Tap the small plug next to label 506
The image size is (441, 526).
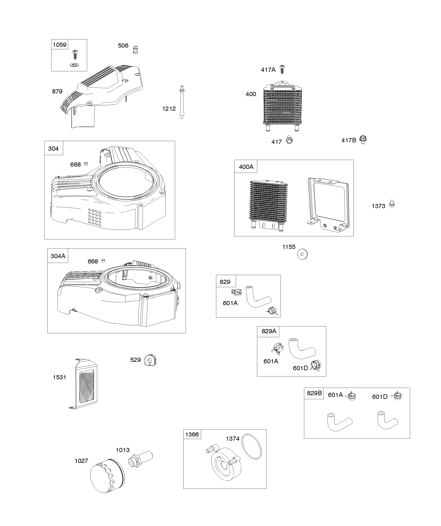point(135,50)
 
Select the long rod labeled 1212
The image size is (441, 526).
point(182,102)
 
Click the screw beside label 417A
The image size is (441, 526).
point(282,69)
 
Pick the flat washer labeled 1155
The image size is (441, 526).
point(302,254)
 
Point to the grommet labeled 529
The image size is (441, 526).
point(150,360)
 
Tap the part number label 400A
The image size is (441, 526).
point(246,167)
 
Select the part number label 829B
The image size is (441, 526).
point(314,393)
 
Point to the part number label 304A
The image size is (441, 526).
point(58,256)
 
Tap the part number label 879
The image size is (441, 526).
point(57,91)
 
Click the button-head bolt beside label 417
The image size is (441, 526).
point(289,140)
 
